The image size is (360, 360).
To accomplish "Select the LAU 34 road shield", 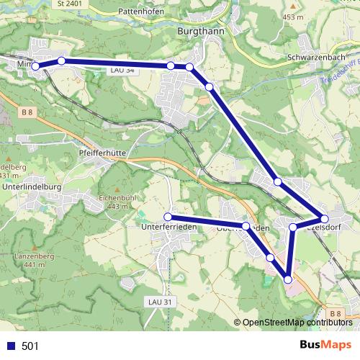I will pyautogui.click(x=122, y=71).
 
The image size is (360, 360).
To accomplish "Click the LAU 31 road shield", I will pyautogui.click(x=160, y=302).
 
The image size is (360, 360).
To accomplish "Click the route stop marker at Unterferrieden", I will pyautogui.click(x=168, y=217).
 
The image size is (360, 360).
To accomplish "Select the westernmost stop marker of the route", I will pyautogui.click(x=35, y=66).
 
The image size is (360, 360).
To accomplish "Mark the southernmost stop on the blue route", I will pyautogui.click(x=288, y=279).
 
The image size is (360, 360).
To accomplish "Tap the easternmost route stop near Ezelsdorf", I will pyautogui.click(x=324, y=218).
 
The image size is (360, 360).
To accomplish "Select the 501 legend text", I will pyautogui.click(x=30, y=346).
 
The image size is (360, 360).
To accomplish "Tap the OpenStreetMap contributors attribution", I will pyautogui.click(x=295, y=323).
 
